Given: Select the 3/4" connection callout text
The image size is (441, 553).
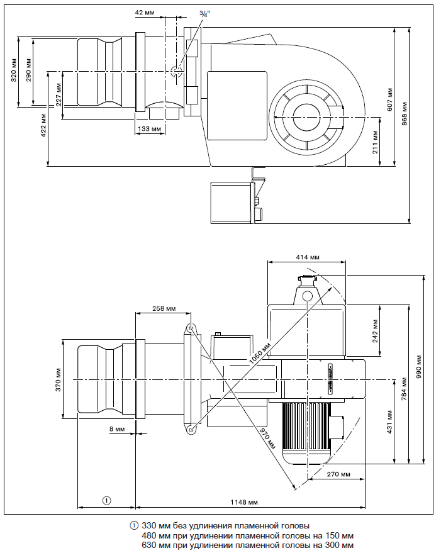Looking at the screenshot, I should coord(205,12).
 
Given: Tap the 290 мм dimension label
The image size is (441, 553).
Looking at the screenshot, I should coord(29,70).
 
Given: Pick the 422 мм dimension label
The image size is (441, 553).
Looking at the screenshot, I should coord(43,125).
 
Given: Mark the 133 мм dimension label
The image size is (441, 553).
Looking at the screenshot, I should coord(149,128).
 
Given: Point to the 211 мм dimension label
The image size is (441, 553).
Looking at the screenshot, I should coord(375,143).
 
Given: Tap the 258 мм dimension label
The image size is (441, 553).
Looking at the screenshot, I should coord(164,309).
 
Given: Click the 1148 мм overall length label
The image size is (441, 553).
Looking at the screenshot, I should coord(245,503).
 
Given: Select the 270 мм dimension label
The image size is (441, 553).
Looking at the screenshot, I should coord(337,474).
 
